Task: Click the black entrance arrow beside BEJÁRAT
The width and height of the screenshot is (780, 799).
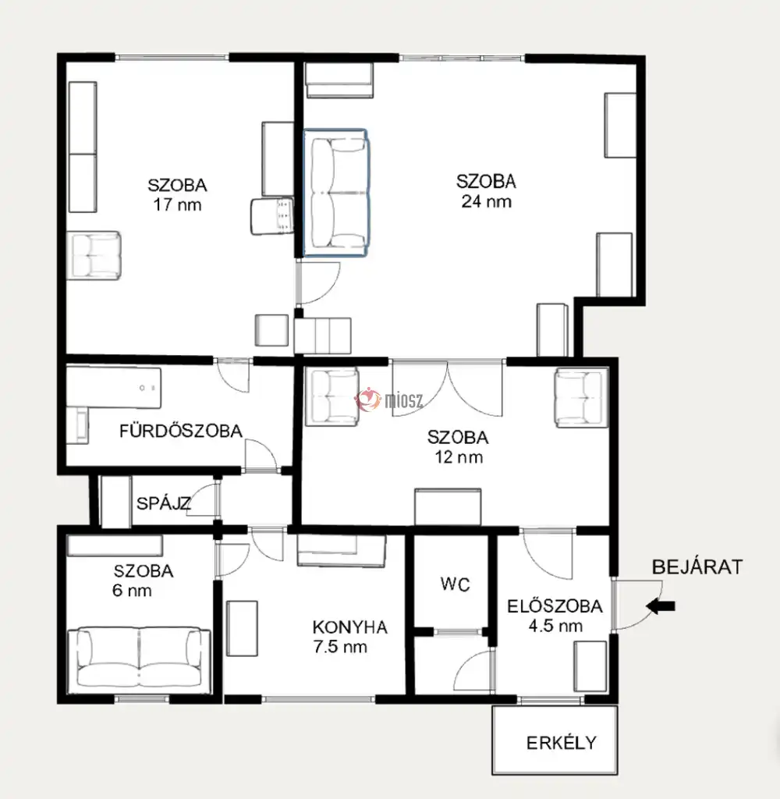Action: coord(661,606)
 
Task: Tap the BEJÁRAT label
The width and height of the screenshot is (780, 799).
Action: coord(697,567)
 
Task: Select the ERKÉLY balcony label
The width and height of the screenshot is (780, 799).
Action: coord(562,743)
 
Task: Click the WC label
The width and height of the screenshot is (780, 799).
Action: coord(455,584)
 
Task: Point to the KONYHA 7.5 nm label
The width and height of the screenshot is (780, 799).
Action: coord(350,637)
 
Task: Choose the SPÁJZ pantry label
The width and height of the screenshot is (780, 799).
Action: coord(164,503)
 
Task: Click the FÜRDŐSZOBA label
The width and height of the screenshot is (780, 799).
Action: coord(181,431)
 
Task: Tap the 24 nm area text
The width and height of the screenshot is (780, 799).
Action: coord(487,202)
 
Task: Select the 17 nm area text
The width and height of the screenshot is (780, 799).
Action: coord(177,205)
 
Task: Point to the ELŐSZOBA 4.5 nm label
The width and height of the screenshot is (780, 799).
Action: coord(555,616)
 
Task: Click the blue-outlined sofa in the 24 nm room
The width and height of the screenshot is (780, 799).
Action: coord(335,193)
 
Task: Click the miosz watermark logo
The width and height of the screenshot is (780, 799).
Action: coord(389,400)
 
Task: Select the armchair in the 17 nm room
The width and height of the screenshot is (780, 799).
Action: coord(94,256)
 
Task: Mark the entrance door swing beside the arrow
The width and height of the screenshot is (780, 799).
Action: coord(636,605)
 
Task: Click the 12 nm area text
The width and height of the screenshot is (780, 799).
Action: coord(459,457)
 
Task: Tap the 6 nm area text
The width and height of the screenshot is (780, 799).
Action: coord(132,591)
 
